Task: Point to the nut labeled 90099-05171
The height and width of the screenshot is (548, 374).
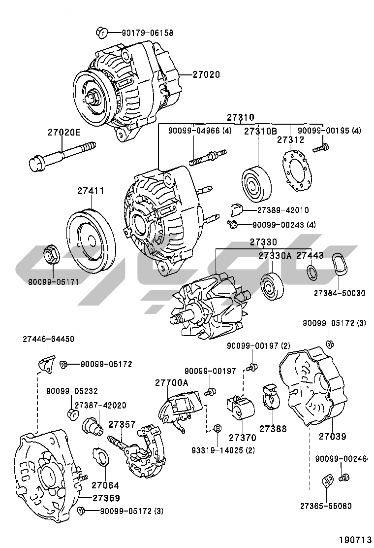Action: click(51, 254)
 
